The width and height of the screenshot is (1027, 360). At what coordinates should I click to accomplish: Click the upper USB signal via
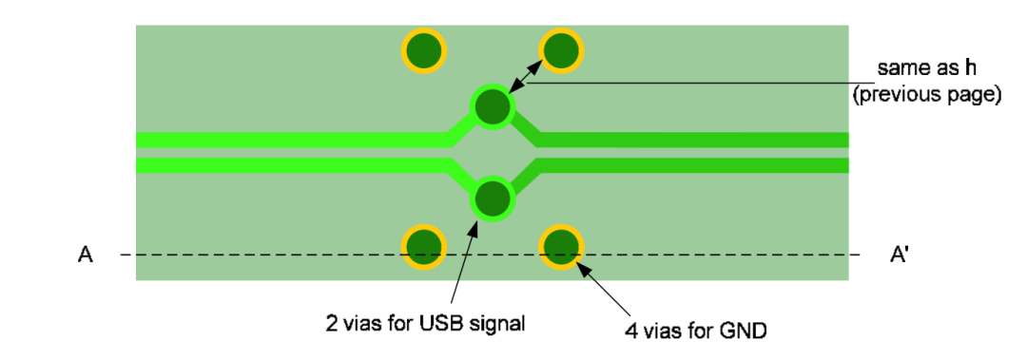pyautogui.click(x=493, y=107)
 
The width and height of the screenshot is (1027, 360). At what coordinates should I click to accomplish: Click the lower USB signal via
pyautogui.click(x=493, y=199)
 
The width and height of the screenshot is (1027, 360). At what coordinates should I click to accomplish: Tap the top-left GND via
pyautogui.click(x=423, y=50)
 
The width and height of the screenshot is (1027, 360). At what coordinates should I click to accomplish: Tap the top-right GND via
pyautogui.click(x=560, y=50)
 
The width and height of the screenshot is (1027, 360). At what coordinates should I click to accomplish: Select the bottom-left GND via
pyautogui.click(x=423, y=247)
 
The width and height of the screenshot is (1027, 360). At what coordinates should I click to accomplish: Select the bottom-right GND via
pyautogui.click(x=560, y=247)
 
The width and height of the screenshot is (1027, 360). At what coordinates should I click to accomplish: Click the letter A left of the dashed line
pyautogui.click(x=86, y=256)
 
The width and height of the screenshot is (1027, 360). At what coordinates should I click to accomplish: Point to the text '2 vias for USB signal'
pyautogui.click(x=425, y=323)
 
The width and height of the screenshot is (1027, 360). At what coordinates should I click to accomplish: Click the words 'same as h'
pyautogui.click(x=926, y=68)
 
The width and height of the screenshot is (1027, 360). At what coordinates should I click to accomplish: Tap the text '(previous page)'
pyautogui.click(x=927, y=95)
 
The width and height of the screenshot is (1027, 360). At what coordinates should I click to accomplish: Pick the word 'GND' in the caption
pyautogui.click(x=747, y=332)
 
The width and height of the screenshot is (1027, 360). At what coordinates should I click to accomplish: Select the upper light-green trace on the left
pyautogui.click(x=285, y=141)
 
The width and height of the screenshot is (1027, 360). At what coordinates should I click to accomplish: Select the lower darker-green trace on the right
pyautogui.click(x=694, y=166)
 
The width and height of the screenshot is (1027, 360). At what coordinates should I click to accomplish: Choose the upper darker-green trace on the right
pyautogui.click(x=694, y=141)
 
